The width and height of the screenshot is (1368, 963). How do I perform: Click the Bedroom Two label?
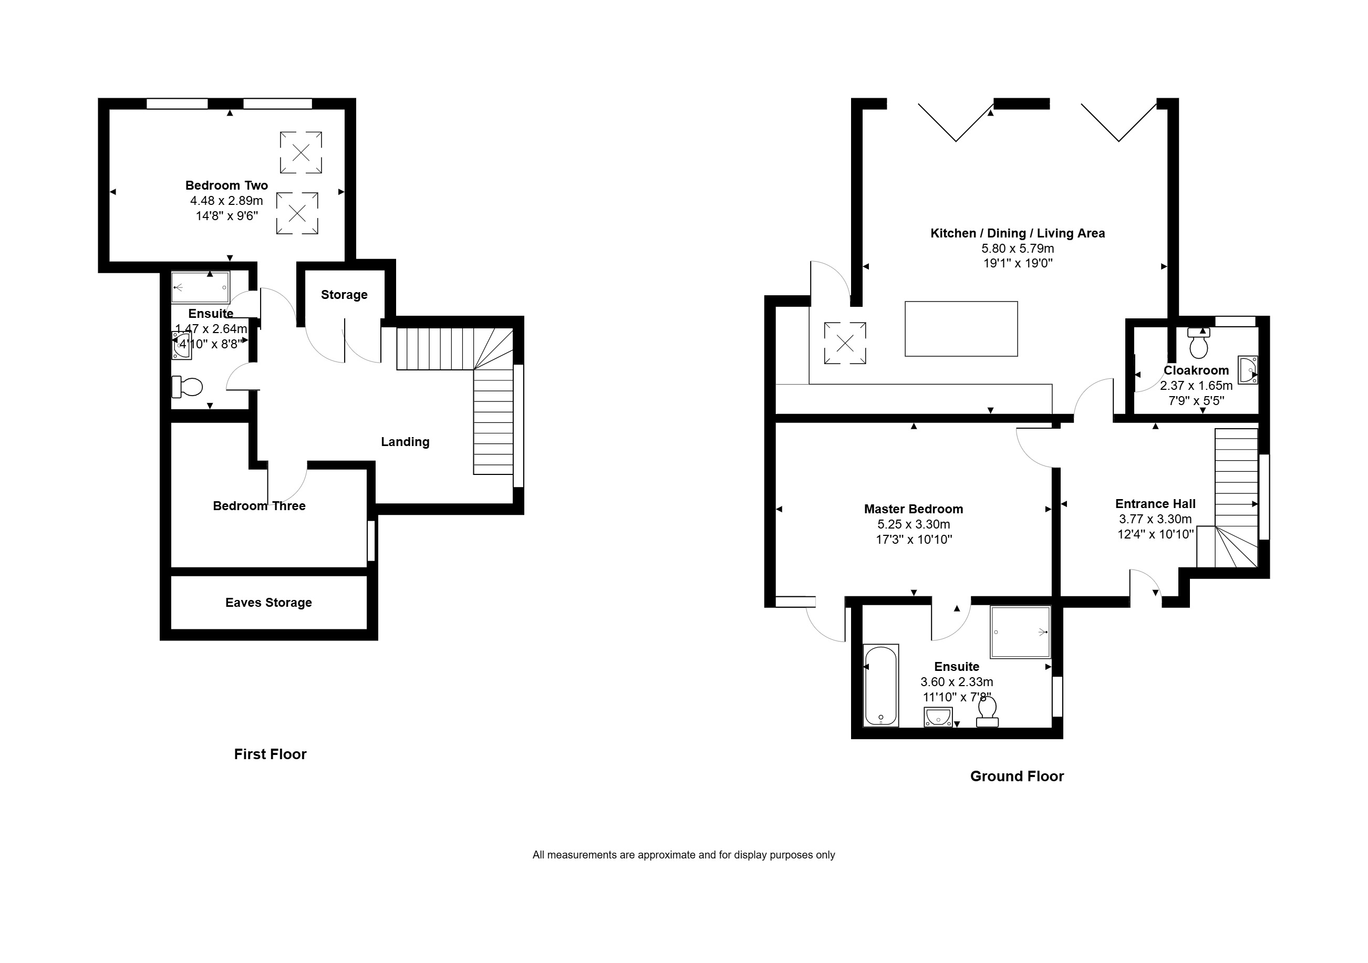(x=226, y=185)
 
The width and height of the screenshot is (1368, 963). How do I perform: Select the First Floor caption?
(x=270, y=754)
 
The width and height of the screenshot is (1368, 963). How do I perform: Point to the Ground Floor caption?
(x=1017, y=776)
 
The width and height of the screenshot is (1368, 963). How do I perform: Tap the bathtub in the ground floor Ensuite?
(x=880, y=685)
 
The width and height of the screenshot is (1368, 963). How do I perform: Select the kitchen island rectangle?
(x=961, y=329)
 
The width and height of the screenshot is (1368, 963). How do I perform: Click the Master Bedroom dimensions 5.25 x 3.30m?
(x=914, y=524)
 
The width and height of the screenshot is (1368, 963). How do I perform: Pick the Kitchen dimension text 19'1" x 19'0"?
(x=1018, y=263)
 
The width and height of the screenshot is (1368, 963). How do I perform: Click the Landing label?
(x=405, y=442)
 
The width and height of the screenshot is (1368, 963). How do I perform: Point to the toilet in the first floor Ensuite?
(x=187, y=387)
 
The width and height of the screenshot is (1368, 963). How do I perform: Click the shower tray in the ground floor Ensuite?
(x=1020, y=632)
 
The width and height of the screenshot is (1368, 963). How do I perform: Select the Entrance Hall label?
(x=1155, y=503)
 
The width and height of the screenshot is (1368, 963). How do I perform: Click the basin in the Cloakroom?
(x=1248, y=370)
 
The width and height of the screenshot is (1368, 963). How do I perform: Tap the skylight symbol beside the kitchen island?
(x=845, y=343)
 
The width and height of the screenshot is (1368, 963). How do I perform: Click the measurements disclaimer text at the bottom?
(x=683, y=855)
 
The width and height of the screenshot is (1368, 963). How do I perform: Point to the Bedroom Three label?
(x=259, y=506)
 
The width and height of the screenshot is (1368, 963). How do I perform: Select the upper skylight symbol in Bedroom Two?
(x=301, y=152)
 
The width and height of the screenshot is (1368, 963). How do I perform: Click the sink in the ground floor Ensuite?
(x=938, y=717)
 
